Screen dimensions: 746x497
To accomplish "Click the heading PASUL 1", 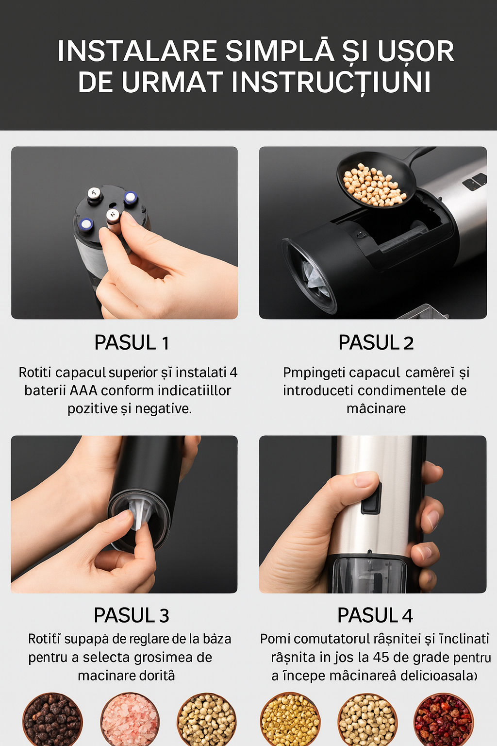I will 131,343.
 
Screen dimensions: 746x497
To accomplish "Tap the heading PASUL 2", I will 376,343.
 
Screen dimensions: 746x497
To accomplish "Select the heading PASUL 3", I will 131,615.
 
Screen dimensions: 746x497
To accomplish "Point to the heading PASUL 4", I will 375,615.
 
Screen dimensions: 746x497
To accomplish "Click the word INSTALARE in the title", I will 137,51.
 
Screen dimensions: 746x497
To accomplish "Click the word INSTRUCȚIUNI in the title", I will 331,83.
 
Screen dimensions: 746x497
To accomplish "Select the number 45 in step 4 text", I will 381,658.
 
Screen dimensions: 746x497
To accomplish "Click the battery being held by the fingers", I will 113,221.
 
